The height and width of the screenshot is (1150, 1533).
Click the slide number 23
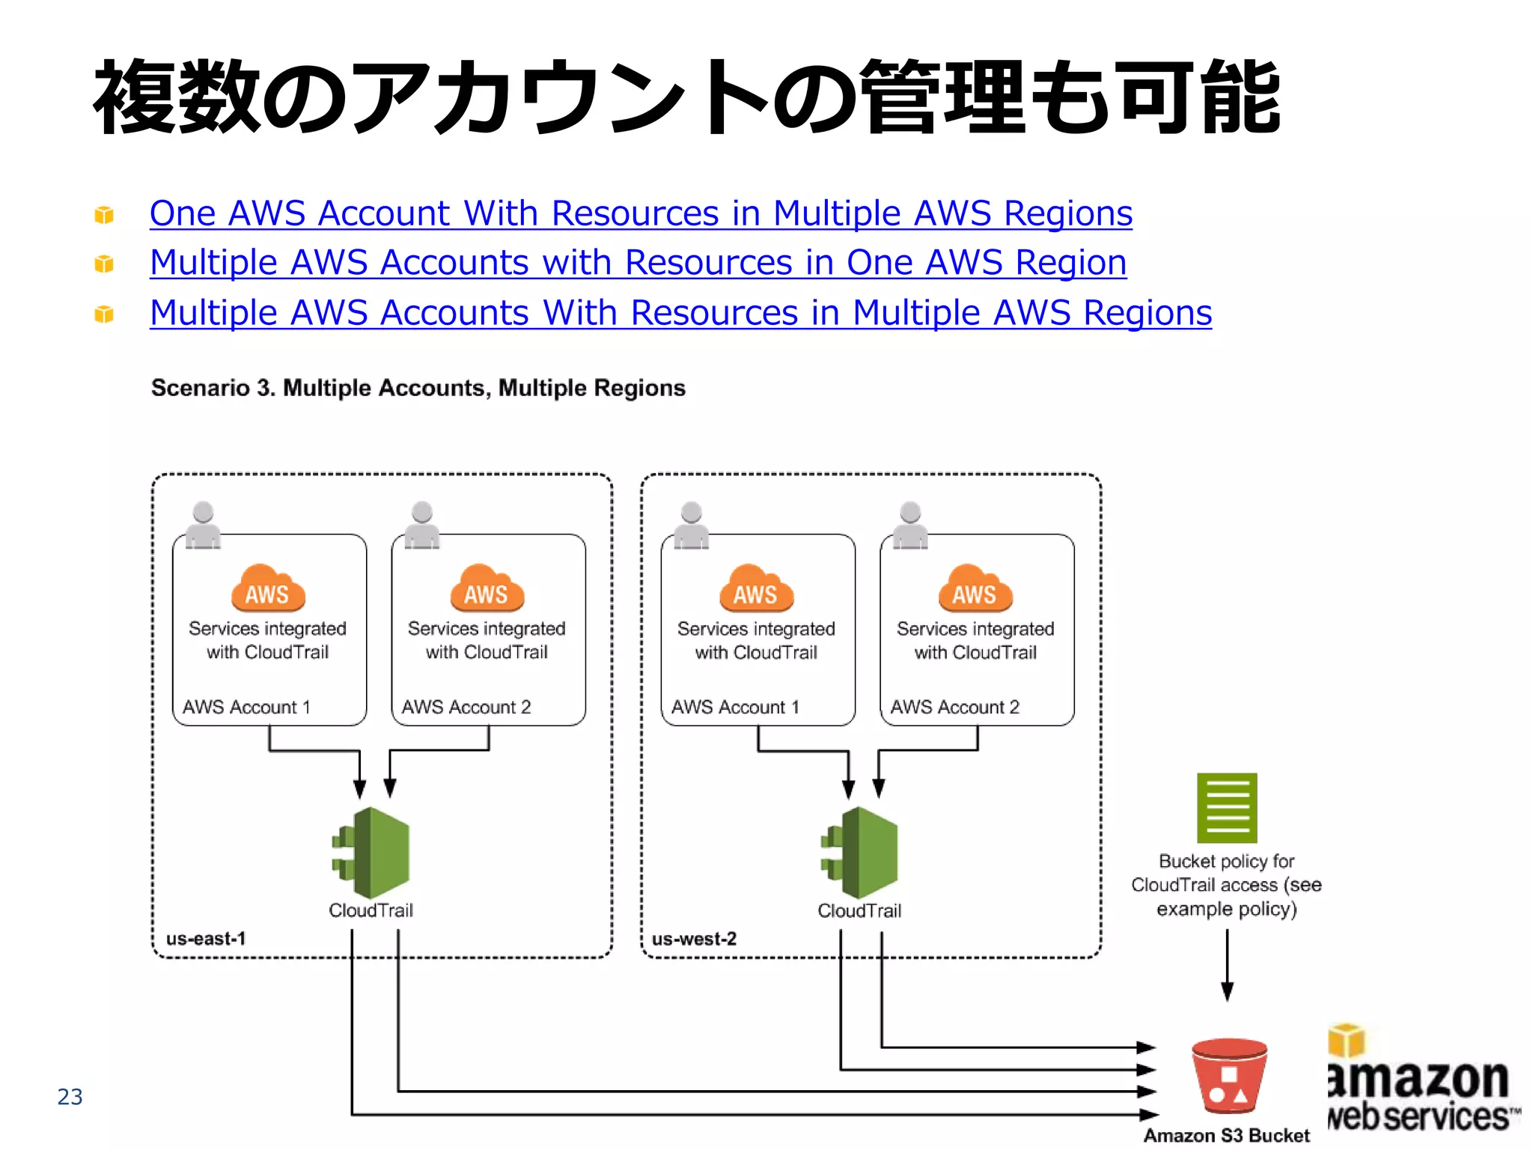click(70, 1096)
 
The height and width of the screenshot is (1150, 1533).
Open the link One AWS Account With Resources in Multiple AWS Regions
click(641, 213)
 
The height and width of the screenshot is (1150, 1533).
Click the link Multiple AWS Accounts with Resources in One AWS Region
click(638, 263)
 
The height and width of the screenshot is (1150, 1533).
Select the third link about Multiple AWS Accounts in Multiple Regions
click(680, 313)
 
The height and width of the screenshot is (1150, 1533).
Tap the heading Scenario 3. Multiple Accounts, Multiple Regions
click(418, 388)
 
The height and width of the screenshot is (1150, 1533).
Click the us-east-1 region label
click(206, 938)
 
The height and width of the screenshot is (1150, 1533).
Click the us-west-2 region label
click(694, 938)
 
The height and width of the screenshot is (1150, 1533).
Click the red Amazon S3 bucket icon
click(1228, 1076)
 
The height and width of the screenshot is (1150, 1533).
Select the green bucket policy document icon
click(1227, 808)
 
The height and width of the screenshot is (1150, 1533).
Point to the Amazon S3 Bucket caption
click(1227, 1135)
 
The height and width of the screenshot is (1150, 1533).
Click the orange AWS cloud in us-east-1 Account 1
click(268, 589)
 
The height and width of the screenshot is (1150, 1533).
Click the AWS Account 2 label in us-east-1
click(466, 707)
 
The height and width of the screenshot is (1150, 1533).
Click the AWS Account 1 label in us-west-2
click(735, 707)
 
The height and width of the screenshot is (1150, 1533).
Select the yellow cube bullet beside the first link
click(104, 215)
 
